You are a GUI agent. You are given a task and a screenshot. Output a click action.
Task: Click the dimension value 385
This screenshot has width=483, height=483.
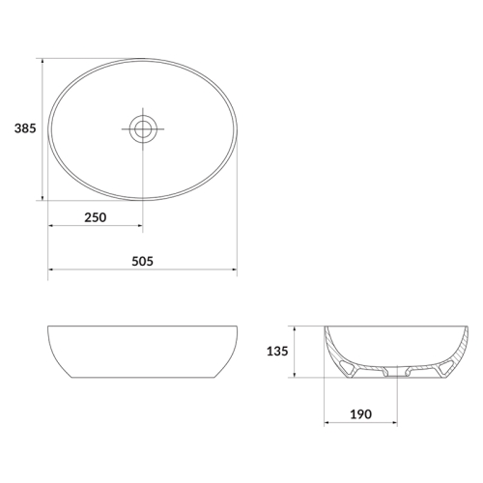click(x=25, y=128)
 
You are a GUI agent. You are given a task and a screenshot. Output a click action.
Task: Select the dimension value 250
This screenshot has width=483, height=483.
click(x=96, y=217)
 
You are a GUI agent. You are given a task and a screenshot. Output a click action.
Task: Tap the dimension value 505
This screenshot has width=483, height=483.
click(x=142, y=261)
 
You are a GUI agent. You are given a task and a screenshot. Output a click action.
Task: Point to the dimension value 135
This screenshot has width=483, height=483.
click(x=277, y=351)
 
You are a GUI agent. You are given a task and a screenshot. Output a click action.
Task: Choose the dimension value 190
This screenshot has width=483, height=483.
click(x=360, y=414)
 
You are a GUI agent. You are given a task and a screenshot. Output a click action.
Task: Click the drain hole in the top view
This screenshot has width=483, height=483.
click(x=143, y=128)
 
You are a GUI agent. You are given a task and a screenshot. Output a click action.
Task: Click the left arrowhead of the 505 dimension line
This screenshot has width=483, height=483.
click(x=50, y=270)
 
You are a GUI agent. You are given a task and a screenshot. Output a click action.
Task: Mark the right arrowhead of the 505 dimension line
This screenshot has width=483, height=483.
click(x=235, y=270)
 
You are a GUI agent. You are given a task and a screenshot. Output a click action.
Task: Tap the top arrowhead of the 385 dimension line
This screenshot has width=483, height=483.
click(x=43, y=61)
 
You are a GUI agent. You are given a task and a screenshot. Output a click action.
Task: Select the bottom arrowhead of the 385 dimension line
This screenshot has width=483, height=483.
click(x=43, y=198)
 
